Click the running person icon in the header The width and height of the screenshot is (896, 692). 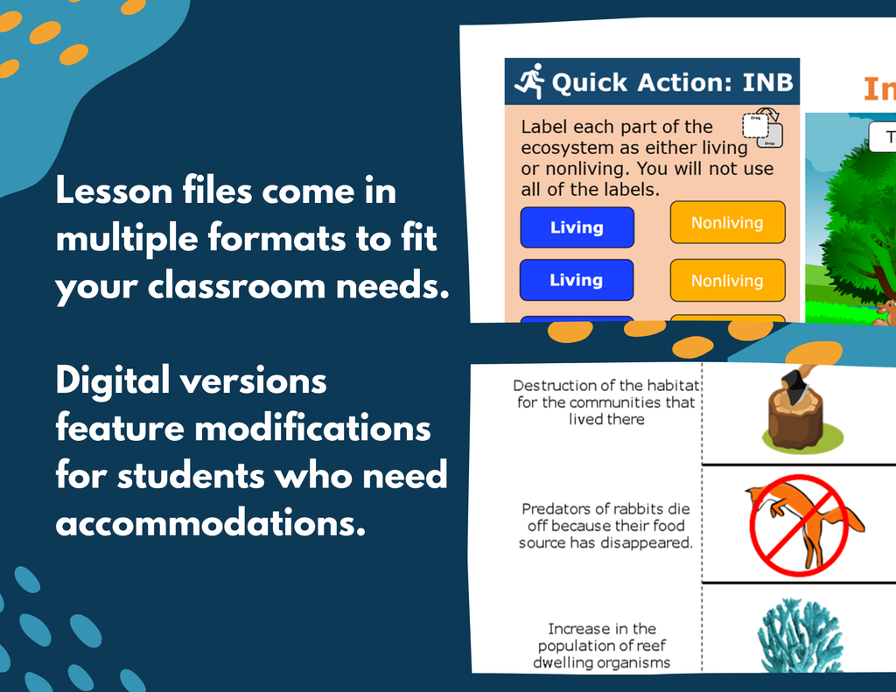tap(529, 81)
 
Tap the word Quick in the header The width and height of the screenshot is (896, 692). tap(590, 83)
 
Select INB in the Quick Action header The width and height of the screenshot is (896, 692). tap(767, 82)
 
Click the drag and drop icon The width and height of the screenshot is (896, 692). tap(763, 128)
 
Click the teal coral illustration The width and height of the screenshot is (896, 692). tap(799, 635)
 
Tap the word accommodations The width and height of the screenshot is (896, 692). tap(210, 522)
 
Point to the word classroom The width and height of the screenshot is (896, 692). tap(236, 285)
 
